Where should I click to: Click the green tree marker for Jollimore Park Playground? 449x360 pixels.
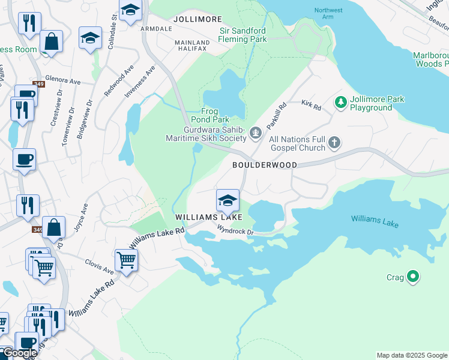point(341,103)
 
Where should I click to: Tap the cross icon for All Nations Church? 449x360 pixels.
point(334,143)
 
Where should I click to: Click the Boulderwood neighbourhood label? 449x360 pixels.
point(264,164)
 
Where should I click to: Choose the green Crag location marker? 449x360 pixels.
point(412,277)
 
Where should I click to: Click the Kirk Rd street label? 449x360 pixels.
point(312,105)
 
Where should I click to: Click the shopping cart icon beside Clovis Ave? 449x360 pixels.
point(126,260)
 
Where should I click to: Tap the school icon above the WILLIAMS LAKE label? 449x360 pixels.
point(228,200)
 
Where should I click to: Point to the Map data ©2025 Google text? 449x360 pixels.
point(411,355)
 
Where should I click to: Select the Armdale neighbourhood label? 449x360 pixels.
point(155,28)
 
